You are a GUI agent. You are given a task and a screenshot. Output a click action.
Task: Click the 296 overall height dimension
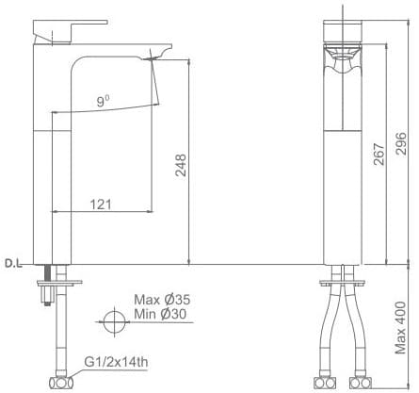[x=402, y=144]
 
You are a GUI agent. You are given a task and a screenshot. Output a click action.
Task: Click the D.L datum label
[x=14, y=263]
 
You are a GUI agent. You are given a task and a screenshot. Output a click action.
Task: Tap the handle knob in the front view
[x=341, y=34]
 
